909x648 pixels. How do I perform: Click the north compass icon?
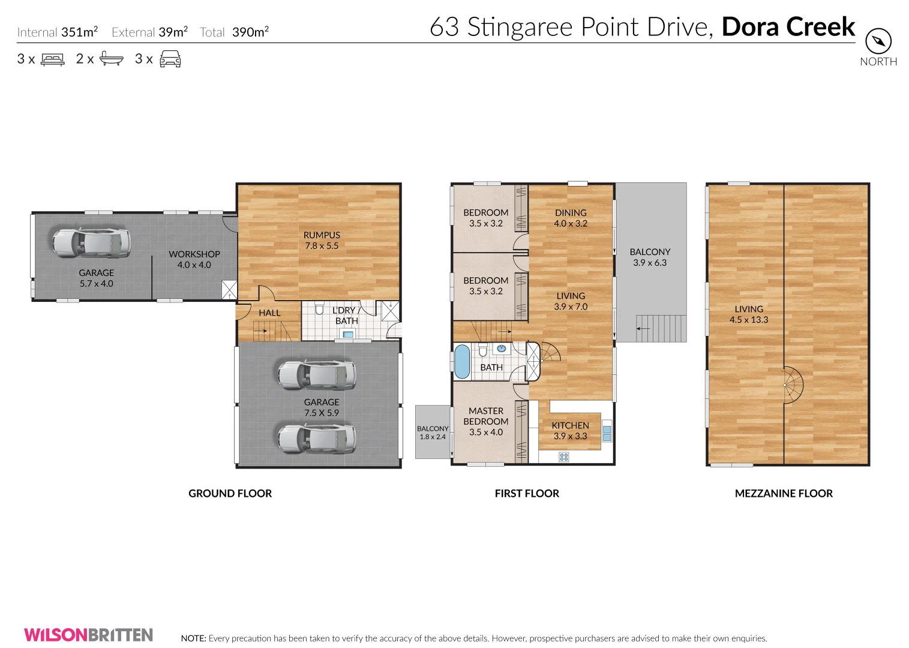[878, 41]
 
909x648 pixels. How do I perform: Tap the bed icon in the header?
[53, 59]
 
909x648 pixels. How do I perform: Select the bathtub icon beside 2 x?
[112, 59]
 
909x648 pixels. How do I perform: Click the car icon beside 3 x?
[170, 59]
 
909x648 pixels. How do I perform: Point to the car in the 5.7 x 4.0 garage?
[91, 242]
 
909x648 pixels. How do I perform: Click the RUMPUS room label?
[322, 236]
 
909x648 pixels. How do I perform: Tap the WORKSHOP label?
[194, 254]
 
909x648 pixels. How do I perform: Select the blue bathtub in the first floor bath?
[461, 361]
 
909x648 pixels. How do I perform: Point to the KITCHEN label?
[570, 425]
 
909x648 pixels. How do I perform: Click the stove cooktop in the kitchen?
[563, 457]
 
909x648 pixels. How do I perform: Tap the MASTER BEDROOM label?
[486, 416]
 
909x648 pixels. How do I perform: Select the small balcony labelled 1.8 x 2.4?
[433, 432]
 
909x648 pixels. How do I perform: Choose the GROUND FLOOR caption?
[230, 493]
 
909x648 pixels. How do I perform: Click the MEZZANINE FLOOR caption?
[784, 493]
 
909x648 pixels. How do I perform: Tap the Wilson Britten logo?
[89, 635]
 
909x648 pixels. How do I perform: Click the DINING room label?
[571, 213]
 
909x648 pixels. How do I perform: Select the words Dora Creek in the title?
[788, 27]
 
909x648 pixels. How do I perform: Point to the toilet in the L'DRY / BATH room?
[319, 309]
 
